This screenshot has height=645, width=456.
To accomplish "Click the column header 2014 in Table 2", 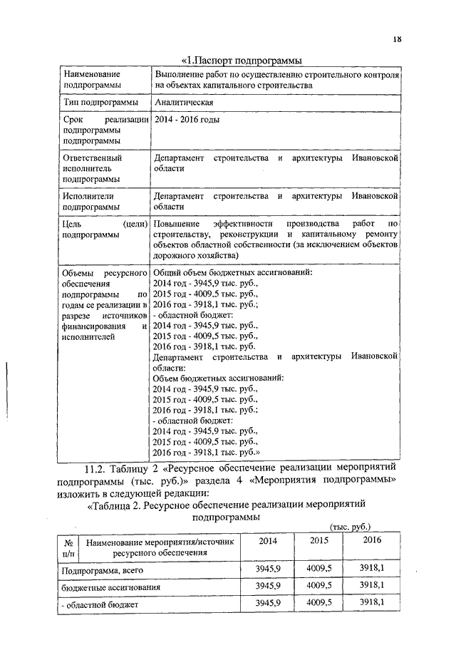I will pos(268,541).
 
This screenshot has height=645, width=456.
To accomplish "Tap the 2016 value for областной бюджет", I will pos(372,603).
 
